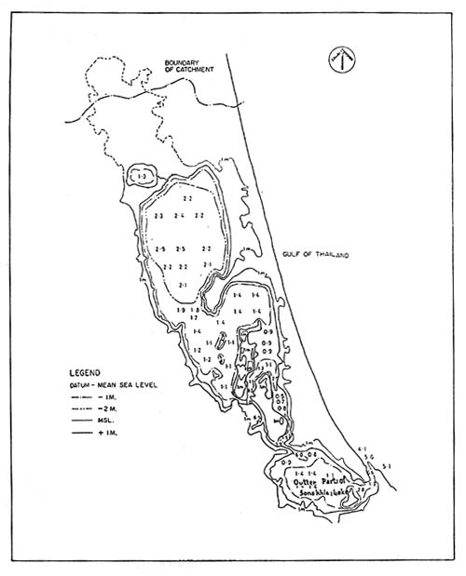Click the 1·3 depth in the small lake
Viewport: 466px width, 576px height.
coord(142,176)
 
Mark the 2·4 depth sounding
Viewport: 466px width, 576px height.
coord(179,216)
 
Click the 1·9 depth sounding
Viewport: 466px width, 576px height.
coord(180,309)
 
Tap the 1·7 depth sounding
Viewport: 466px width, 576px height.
coord(193,318)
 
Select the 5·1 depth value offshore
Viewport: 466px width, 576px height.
coord(387,465)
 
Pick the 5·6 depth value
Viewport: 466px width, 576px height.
coord(369,458)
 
